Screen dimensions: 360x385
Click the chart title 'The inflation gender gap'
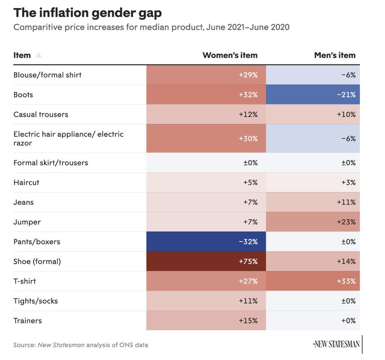pos(87,12)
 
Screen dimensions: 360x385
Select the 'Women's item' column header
pos(230,55)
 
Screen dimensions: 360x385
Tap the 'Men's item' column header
pos(335,55)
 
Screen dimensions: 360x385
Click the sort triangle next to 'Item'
pos(39,55)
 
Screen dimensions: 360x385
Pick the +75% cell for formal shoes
pos(206,261)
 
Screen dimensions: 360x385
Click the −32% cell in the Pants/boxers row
pos(206,242)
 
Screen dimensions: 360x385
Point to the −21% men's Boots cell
pos(313,95)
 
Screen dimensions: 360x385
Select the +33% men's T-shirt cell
pos(313,281)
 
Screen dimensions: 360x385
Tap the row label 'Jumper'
pos(27,222)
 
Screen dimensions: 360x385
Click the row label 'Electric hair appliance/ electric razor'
pos(68,139)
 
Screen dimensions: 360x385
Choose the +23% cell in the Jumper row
pos(313,222)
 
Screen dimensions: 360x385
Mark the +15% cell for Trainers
pos(206,321)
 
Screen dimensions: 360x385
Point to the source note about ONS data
pos(81,345)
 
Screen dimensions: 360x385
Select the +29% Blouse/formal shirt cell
pos(206,75)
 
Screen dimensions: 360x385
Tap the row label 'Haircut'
pos(27,182)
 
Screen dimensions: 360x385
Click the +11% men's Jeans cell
pos(313,202)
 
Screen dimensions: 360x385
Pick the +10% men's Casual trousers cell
pos(313,114)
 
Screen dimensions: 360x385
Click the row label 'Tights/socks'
pos(36,301)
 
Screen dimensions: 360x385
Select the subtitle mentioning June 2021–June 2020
pos(151,27)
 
